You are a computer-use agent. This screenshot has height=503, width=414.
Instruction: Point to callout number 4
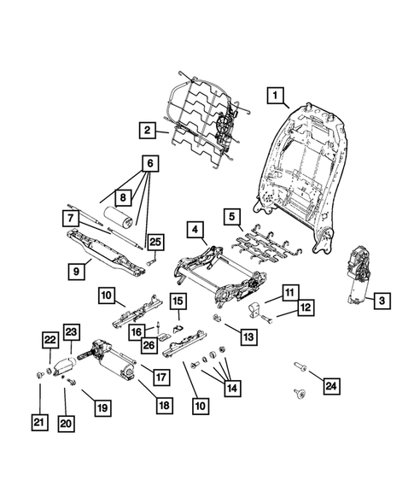click(195, 230)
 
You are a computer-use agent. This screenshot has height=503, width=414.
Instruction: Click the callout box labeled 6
click(151, 162)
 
